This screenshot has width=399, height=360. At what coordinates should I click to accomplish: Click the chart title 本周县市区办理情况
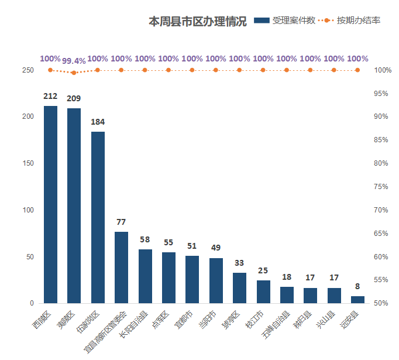tap(198, 22)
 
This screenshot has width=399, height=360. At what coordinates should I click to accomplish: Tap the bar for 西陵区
tap(50, 205)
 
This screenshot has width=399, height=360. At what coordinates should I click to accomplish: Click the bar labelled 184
tap(98, 217)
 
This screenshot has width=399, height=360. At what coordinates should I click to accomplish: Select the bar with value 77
tap(121, 268)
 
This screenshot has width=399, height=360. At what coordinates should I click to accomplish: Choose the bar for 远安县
tap(357, 300)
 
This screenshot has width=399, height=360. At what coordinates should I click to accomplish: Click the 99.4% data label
tap(74, 61)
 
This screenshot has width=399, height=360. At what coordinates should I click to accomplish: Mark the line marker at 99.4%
tap(74, 73)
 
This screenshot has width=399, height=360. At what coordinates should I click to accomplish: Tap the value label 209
tap(74, 98)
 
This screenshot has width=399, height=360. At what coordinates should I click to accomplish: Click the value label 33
tap(239, 263)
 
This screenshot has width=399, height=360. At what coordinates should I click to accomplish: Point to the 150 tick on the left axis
tap(27, 163)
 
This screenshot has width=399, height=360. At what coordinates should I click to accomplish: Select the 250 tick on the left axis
tap(27, 70)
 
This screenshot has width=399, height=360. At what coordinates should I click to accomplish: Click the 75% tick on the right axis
tap(381, 187)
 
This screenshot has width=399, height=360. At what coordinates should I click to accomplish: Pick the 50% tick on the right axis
tap(381, 303)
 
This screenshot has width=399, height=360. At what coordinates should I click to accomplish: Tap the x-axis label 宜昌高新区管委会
tap(105, 332)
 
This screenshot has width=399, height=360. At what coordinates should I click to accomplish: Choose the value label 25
tap(263, 270)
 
